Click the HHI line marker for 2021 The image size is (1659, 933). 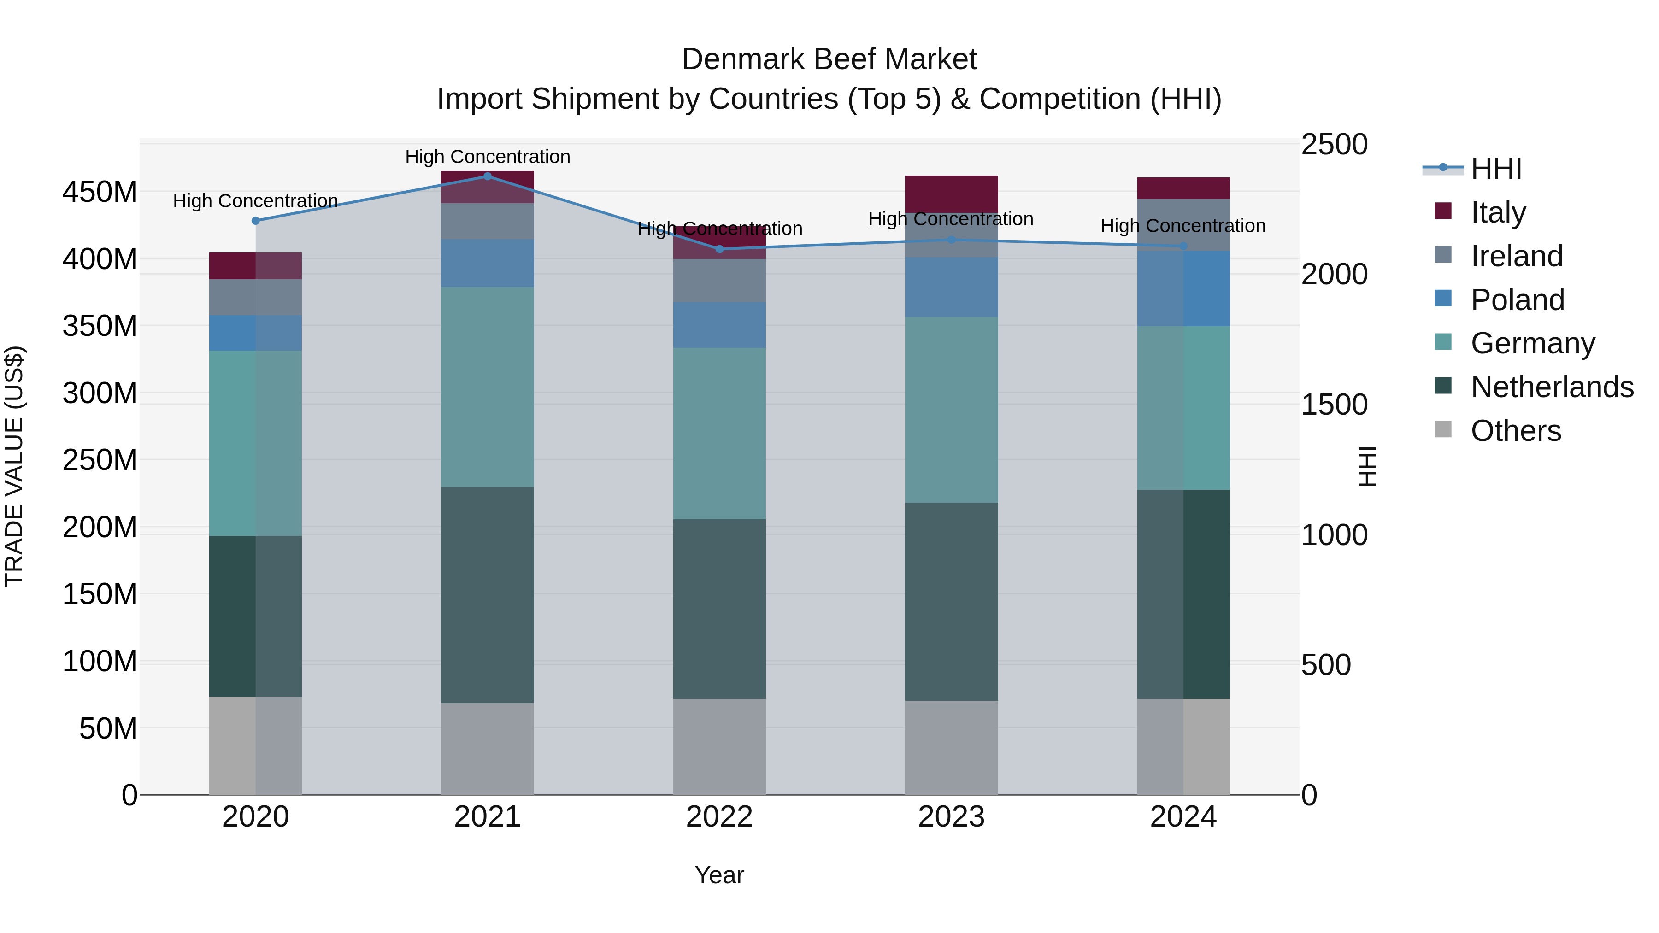click(488, 176)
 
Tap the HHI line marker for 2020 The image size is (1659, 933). click(256, 221)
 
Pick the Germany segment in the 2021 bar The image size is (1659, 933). click(488, 387)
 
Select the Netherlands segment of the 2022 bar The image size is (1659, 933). click(719, 609)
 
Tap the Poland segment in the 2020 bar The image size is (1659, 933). click(256, 333)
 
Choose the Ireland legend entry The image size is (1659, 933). click(1516, 256)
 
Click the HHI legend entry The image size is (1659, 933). click(1495, 169)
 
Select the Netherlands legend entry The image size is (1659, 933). click(1552, 387)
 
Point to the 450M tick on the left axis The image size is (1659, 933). click(100, 192)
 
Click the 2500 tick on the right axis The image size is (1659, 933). click(1334, 144)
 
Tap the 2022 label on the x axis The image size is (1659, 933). click(719, 817)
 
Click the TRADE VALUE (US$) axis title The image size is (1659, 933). click(14, 466)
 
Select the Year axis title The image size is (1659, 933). click(719, 875)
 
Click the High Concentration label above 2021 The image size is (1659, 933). click(488, 157)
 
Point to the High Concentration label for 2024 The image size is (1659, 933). click(1183, 226)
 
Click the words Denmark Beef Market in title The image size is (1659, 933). click(829, 59)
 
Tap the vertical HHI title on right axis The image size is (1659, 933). click(1367, 466)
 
